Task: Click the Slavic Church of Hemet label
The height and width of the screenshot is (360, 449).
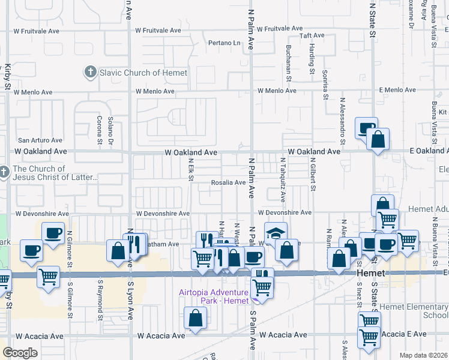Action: tap(143, 73)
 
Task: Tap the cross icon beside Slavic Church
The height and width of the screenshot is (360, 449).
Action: tap(90, 73)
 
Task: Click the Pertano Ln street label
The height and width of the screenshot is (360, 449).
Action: tap(224, 43)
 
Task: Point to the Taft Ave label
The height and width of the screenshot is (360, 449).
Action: tap(312, 35)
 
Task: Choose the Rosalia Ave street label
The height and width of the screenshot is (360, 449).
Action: tap(228, 182)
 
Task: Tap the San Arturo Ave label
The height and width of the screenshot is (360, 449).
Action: tap(40, 140)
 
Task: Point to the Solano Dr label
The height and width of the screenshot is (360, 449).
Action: tap(110, 131)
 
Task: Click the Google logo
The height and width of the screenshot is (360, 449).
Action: tap(20, 353)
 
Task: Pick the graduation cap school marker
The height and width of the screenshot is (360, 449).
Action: tap(276, 233)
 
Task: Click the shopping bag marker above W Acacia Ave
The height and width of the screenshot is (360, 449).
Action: tap(195, 318)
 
